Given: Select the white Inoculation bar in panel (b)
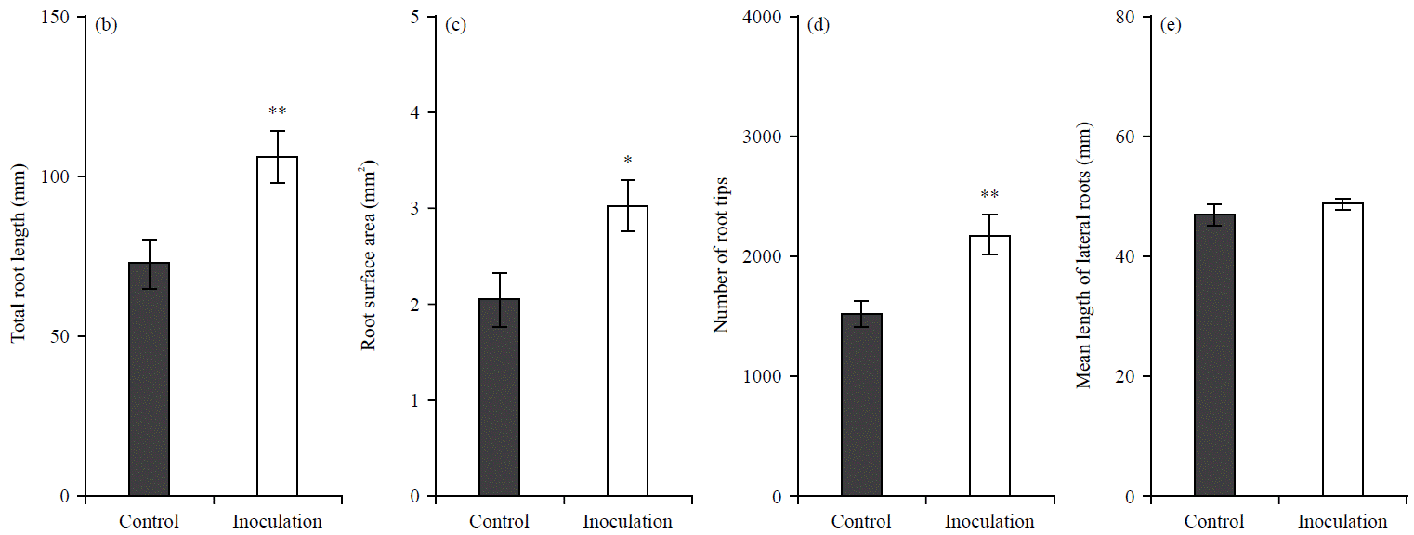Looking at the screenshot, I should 277,326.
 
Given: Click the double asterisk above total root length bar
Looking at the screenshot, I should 277,112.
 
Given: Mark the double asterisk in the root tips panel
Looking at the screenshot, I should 989,196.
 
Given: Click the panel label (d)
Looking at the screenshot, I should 819,25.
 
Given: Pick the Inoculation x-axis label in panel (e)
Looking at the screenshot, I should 1342,521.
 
